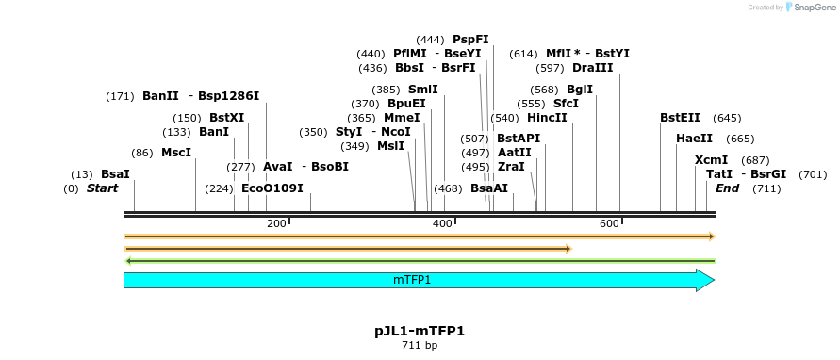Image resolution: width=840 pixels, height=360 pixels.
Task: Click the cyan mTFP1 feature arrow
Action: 420,280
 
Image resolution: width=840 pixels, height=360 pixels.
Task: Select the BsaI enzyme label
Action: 115,174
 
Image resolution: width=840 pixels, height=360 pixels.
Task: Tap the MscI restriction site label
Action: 176,153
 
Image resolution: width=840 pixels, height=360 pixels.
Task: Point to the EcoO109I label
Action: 272,188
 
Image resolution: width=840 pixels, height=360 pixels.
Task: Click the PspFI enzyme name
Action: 470,39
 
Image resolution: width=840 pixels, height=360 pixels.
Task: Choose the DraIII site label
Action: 592,68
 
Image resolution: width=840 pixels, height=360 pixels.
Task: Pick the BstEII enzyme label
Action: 680,118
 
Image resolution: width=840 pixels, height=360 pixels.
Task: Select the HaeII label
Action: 694,139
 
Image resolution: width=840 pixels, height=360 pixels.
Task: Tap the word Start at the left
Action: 103,188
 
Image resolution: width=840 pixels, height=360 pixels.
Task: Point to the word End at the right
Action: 728,188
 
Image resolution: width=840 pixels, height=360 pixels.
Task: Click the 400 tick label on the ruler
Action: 442,223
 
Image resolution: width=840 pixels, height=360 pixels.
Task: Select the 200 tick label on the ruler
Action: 276,223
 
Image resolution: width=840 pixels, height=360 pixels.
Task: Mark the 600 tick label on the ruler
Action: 610,223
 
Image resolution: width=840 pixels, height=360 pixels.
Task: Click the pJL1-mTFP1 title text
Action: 420,331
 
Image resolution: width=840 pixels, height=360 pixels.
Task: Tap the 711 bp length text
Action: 420,346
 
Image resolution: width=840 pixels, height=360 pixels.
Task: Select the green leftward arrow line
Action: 420,261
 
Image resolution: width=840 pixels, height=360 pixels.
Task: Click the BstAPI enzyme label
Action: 519,139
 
